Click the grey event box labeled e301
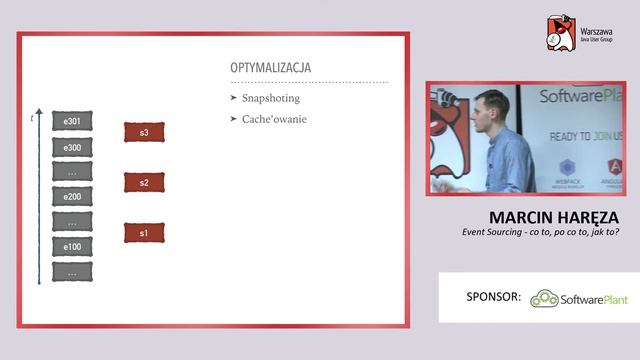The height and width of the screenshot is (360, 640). [x=72, y=122]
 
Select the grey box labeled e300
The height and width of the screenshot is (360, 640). [x=72, y=147]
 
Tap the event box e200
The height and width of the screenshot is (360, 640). [x=72, y=196]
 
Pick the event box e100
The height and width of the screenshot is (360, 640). [x=72, y=246]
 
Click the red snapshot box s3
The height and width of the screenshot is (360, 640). [x=144, y=132]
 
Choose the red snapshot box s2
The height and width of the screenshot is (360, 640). [x=144, y=182]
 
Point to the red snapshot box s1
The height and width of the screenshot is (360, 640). [x=144, y=233]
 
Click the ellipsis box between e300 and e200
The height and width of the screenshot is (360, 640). [x=72, y=171]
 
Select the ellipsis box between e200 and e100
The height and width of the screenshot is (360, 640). [x=72, y=221]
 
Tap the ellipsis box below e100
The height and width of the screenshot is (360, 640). [x=72, y=271]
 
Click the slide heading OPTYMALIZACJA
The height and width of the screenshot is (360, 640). [x=270, y=68]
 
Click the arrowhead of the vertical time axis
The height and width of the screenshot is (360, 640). [x=38, y=110]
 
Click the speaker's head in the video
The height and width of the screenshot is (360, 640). [x=491, y=105]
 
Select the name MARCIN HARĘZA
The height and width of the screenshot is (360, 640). [x=554, y=217]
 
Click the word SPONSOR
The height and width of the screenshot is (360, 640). [x=494, y=297]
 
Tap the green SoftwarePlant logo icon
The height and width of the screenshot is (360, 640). [x=543, y=298]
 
